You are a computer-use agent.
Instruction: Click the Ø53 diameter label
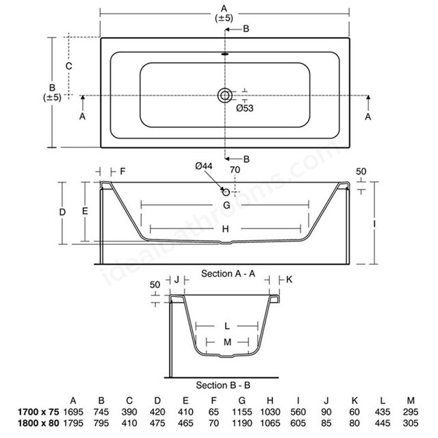point(245,108)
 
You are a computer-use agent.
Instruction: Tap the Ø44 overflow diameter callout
point(204,166)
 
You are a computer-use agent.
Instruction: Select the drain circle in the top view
point(225,96)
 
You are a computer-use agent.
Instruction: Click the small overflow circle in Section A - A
point(226,192)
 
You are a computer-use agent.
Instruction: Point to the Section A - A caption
point(228,274)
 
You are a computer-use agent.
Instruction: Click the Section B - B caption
point(223,385)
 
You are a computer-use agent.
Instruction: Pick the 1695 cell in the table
point(73,412)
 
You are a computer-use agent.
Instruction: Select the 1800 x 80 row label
point(38,423)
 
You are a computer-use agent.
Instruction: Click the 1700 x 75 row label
point(38,412)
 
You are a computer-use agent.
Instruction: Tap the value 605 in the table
point(298,423)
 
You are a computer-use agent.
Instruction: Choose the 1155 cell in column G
point(242,412)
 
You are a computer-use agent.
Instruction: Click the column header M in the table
point(411,401)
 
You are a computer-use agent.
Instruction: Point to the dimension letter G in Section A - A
point(227,205)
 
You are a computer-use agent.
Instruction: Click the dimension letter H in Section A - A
point(225,229)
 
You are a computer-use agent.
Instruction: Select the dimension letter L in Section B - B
point(227,326)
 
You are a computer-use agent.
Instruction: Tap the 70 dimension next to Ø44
point(235,170)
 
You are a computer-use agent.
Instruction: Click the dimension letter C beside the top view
point(68,66)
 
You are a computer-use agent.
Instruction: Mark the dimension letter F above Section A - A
point(123,171)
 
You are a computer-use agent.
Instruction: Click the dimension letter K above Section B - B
point(289,279)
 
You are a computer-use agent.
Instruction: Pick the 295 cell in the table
point(411,412)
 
